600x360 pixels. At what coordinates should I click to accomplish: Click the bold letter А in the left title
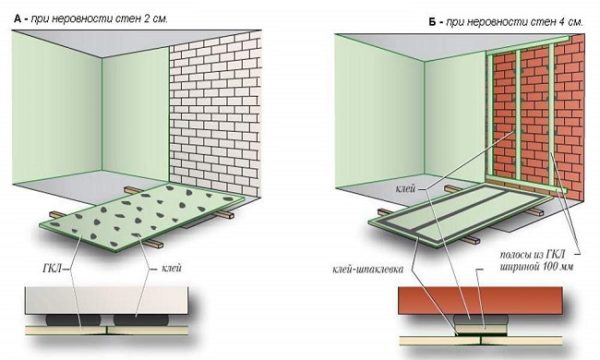[17, 19]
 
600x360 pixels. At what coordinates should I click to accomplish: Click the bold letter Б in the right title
[432, 22]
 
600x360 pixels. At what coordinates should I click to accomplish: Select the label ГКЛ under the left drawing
[52, 269]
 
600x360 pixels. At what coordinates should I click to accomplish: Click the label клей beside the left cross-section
[171, 268]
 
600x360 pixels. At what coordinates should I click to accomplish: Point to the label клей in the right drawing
[406, 189]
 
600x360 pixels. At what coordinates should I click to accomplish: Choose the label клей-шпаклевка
[368, 270]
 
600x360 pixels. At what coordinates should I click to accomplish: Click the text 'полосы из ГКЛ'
[532, 255]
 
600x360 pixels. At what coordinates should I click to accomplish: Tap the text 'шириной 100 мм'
[536, 267]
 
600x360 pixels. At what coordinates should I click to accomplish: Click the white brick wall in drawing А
[215, 115]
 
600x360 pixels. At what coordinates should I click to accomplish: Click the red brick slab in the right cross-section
[480, 301]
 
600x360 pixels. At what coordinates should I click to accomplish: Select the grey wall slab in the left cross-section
[107, 300]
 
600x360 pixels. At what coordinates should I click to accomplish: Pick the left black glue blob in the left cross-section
[73, 320]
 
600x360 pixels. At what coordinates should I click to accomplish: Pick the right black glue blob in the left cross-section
[140, 320]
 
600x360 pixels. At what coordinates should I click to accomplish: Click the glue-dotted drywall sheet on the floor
[142, 216]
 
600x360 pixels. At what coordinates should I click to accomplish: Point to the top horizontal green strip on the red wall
[529, 43]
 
